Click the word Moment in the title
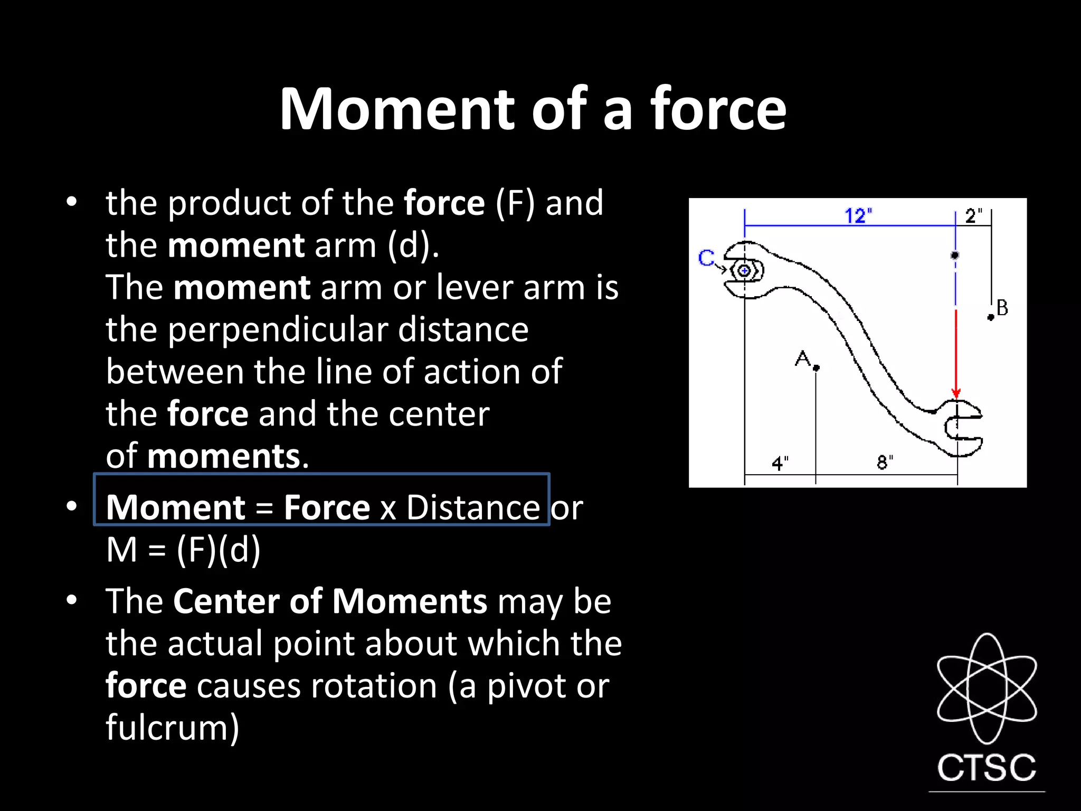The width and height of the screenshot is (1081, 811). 396,109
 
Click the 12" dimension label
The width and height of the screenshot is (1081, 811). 858,216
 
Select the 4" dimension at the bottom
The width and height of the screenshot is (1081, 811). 780,464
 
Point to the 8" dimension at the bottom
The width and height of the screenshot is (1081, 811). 885,463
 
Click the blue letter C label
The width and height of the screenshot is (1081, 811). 706,258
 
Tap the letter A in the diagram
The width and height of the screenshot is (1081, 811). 802,359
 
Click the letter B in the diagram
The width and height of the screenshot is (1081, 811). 1002,308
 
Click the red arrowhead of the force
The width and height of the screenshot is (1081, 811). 956,393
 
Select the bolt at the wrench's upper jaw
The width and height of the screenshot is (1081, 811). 744,271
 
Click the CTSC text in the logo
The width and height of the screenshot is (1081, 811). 987,768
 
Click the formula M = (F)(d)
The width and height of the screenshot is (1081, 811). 183,550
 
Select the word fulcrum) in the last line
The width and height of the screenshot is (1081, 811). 173,728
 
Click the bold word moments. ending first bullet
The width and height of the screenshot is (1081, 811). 227,456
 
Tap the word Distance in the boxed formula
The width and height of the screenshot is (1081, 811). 472,508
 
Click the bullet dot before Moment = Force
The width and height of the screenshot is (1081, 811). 72,506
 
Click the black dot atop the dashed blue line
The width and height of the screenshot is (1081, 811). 955,256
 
